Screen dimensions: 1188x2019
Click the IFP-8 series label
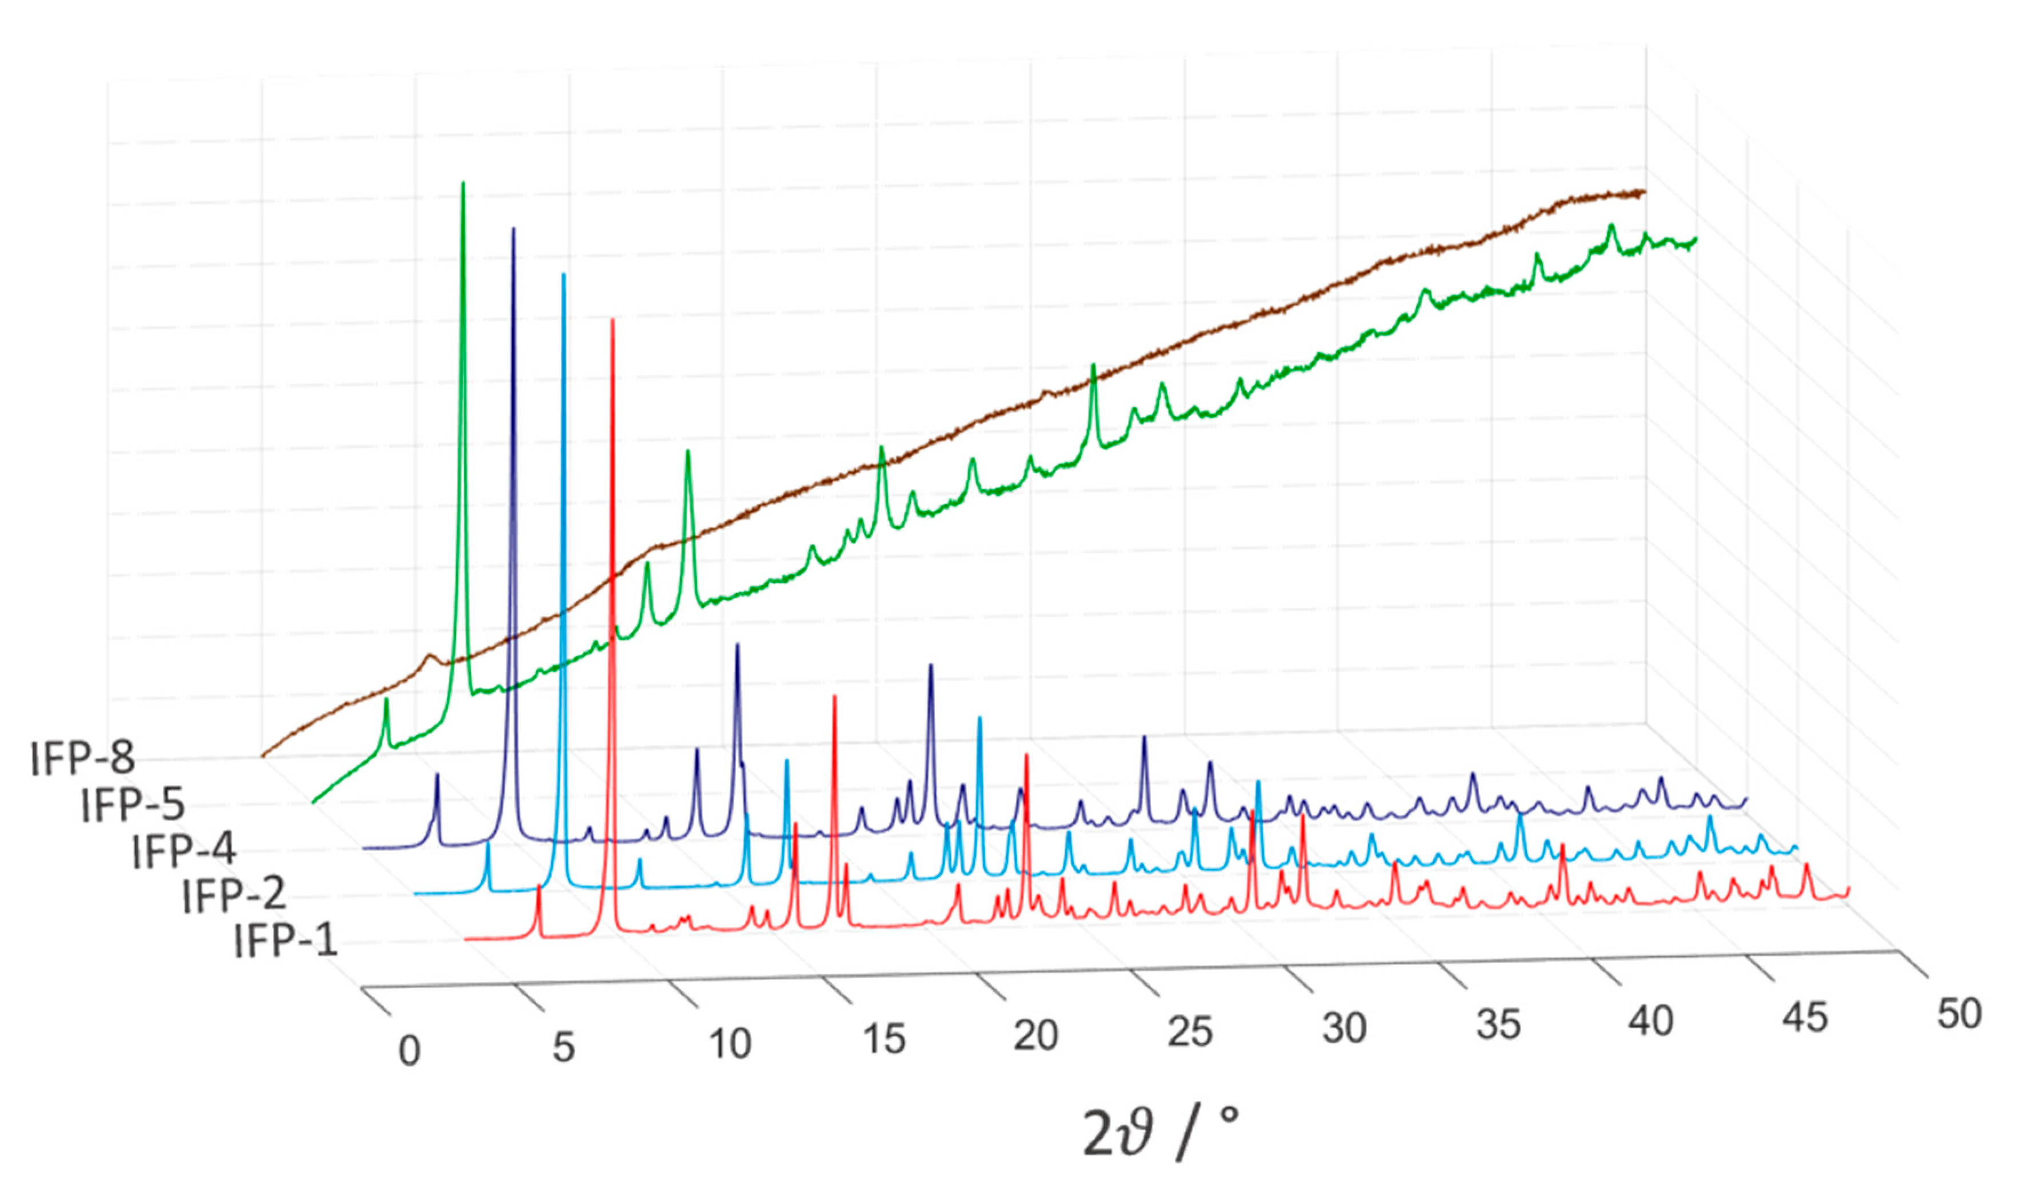click(82, 758)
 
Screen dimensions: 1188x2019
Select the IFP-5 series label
click(133, 804)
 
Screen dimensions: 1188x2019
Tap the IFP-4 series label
click(183, 850)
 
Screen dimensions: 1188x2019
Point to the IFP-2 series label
click(234, 895)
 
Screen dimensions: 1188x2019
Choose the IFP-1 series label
click(285, 941)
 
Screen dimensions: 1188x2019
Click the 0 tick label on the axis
click(409, 1051)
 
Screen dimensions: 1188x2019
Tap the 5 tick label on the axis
click(563, 1047)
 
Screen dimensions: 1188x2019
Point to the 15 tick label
click(883, 1039)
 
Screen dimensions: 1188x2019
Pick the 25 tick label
click(1190, 1032)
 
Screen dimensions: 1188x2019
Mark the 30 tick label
click(1344, 1028)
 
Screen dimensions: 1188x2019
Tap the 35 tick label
click(1497, 1025)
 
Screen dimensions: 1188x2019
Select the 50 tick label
click(1959, 1013)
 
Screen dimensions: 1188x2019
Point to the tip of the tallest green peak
click(463, 183)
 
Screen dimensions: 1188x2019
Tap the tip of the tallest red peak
click(613, 319)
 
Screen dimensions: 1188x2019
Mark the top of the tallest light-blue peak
click(563, 275)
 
